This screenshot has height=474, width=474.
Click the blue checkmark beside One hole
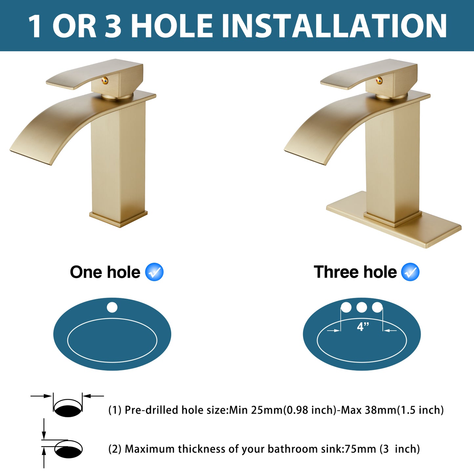tap(154, 272)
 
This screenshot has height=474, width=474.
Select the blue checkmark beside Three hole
tap(410, 272)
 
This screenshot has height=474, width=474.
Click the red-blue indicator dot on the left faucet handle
tap(105, 80)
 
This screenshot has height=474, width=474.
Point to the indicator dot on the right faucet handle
tap(379, 80)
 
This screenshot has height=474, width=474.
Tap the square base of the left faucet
tap(118, 218)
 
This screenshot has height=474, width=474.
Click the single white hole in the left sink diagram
tap(112, 307)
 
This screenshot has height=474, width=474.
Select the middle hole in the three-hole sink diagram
tap(361, 307)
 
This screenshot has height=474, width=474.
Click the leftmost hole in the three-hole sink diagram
tap(346, 307)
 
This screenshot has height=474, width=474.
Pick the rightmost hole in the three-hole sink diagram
tap(377, 307)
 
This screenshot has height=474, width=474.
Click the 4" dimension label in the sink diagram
tap(363, 327)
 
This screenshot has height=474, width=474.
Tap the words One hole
tap(105, 272)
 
